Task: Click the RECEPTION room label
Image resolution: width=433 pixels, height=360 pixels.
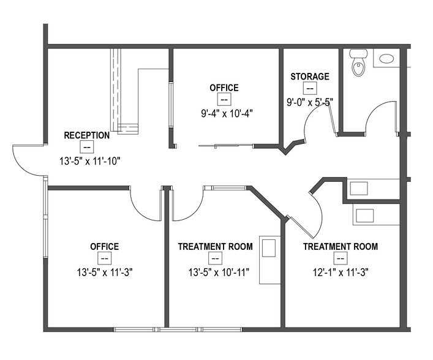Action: [86, 135]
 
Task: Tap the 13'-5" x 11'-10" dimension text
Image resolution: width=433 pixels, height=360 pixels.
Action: [86, 161]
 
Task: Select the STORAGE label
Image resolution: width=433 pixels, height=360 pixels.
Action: [309, 77]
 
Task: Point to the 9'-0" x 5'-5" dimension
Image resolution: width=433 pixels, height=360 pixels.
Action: [309, 102]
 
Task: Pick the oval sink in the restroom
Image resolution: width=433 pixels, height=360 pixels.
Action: [386, 59]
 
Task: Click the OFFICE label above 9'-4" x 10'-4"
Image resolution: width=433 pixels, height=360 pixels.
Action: [224, 88]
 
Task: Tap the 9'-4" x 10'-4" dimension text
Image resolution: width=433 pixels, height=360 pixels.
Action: [224, 113]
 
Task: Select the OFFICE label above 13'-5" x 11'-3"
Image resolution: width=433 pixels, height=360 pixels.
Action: [104, 247]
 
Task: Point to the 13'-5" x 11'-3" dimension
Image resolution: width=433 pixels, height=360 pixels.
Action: [104, 272]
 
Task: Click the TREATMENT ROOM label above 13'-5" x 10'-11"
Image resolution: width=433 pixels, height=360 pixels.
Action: [215, 247]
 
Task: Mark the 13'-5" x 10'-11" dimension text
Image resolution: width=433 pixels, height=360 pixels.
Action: [215, 272]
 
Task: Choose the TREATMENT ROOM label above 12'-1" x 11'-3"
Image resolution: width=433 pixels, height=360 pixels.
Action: [341, 247]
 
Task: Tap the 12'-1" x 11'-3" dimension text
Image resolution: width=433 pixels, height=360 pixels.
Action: [341, 272]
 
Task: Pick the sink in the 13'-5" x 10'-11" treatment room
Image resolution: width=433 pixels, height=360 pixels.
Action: [268, 248]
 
